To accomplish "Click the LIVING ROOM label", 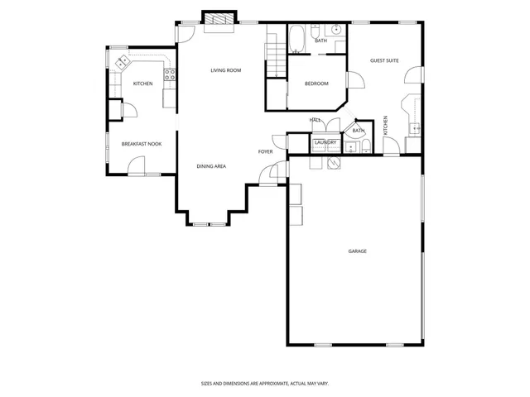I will click(x=225, y=70).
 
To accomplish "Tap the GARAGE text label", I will click(x=357, y=251).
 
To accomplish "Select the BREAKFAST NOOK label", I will click(x=142, y=144).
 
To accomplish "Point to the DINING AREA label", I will click(x=211, y=166).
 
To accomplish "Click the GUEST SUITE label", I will click(x=384, y=60).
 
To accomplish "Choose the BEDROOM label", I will click(x=316, y=84).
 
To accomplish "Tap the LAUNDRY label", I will click(x=325, y=142).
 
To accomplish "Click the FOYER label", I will click(x=265, y=151).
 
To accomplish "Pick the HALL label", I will click(x=316, y=121).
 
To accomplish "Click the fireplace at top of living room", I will click(x=219, y=21).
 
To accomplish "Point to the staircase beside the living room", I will click(x=275, y=58).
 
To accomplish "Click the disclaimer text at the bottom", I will click(x=264, y=383).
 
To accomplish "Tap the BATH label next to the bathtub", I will click(x=320, y=41).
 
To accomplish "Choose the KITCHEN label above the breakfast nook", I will click(x=142, y=84).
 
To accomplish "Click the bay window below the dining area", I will click(x=209, y=223).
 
